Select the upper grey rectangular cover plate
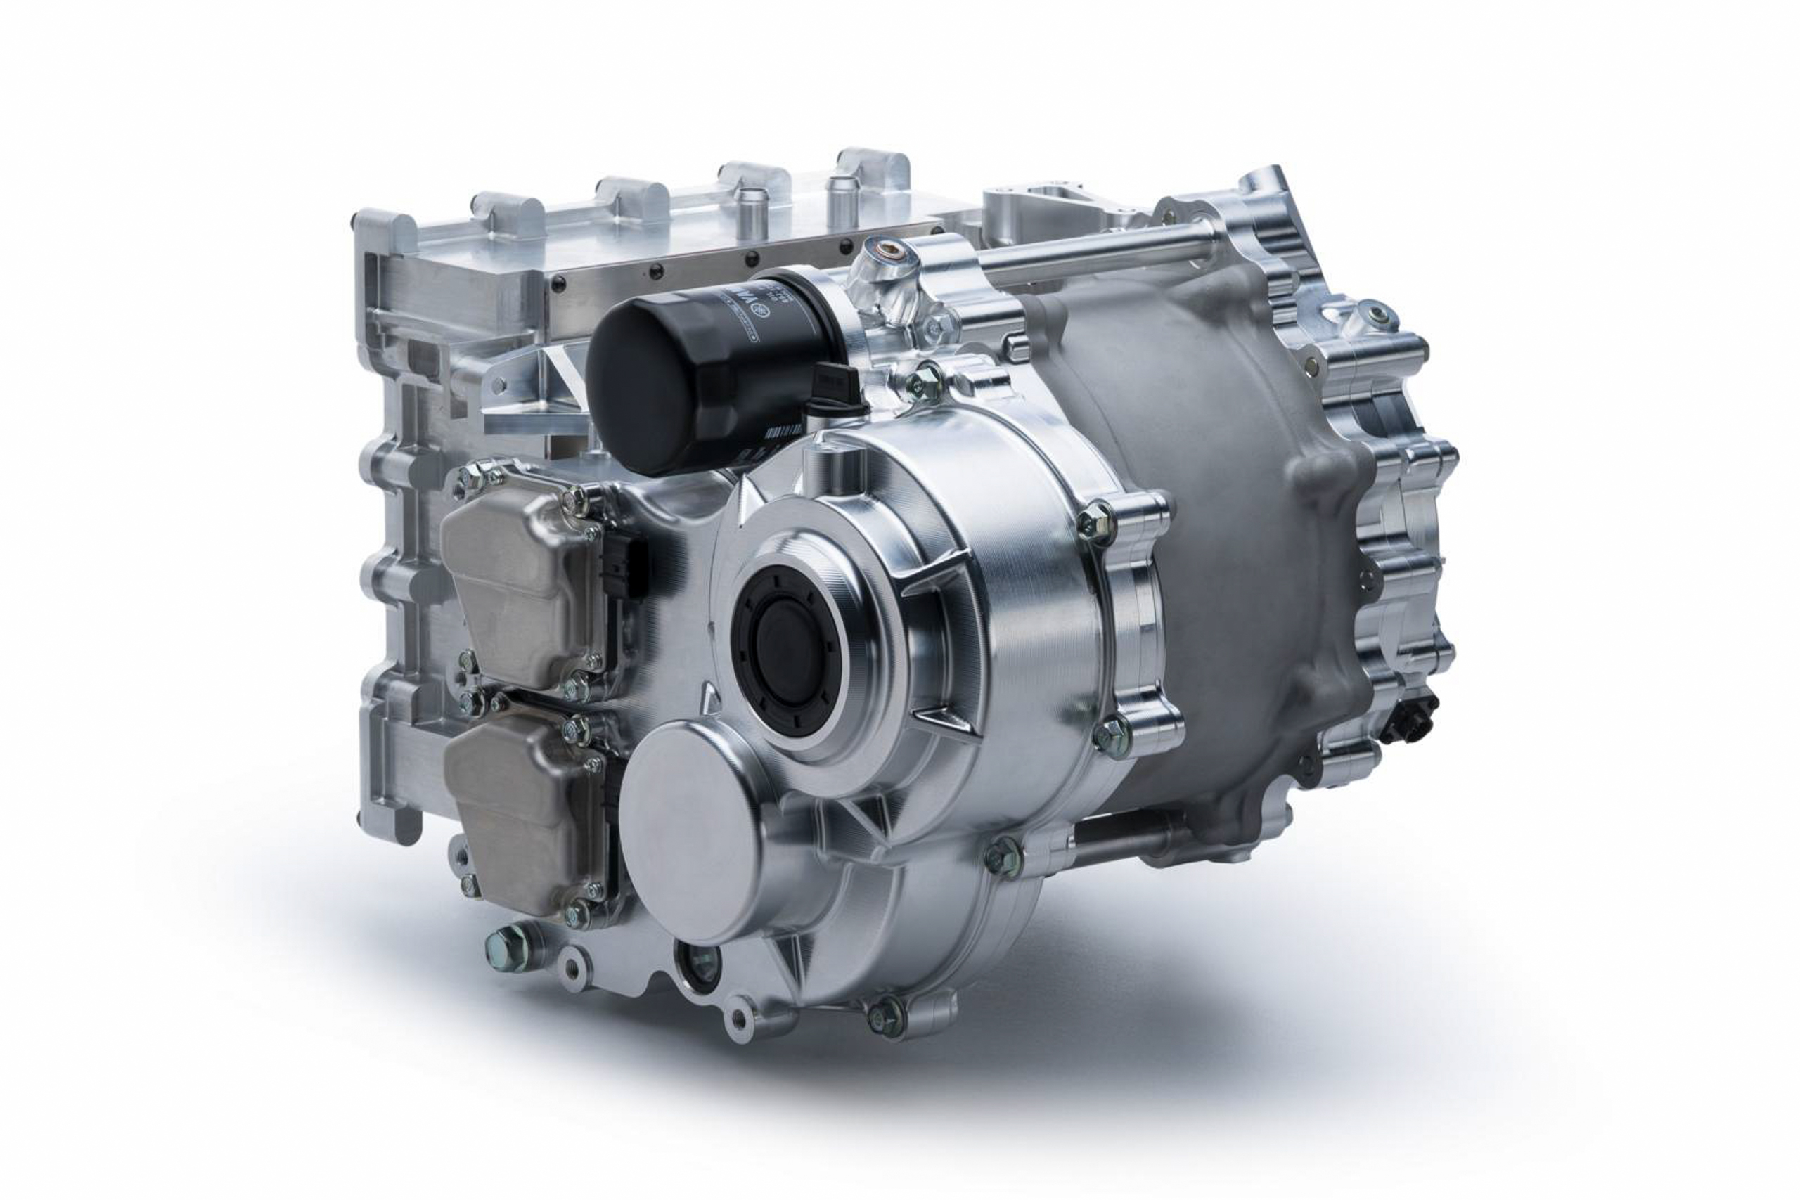(520, 581)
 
